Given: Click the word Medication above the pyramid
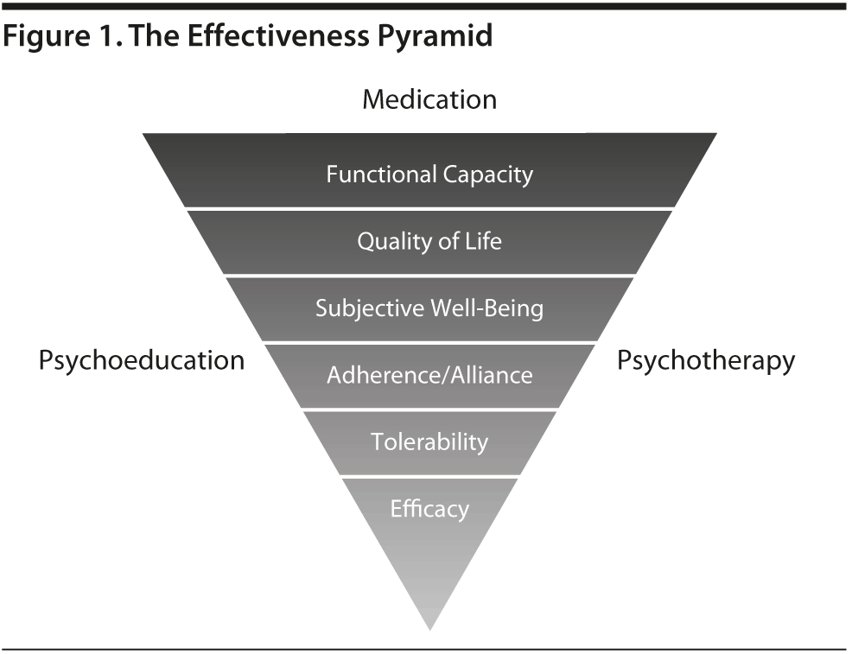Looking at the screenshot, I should point(429,99).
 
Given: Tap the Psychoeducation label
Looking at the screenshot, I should point(141,360).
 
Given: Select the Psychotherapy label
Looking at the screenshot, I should point(705,360).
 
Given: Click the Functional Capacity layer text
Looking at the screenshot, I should point(429,175).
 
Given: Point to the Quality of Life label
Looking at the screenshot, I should point(429,241).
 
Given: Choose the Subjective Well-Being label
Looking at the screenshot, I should point(429,308).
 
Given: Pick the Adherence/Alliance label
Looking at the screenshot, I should point(429,375).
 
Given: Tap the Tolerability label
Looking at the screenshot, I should point(429,441).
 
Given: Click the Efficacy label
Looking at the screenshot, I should point(429,508).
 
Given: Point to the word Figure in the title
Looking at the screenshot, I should point(42,37).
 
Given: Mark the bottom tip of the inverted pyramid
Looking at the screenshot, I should point(429,625).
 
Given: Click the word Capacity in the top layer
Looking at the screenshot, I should point(488,175).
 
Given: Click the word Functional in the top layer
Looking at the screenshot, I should point(381,175).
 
